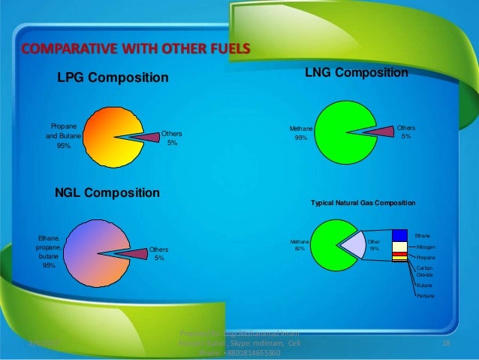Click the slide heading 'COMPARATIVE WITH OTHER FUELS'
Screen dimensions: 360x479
coord(135,51)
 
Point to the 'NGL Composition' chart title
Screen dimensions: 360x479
coord(107,193)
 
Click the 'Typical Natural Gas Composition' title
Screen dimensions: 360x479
coord(363,204)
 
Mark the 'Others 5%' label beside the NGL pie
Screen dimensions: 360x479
coord(158,253)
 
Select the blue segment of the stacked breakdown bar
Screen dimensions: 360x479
coord(399,234)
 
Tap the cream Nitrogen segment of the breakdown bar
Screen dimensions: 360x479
coord(399,247)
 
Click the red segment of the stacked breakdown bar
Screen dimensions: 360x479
coord(399,255)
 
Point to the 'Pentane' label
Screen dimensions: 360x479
coord(424,297)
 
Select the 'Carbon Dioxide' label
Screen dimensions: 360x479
coord(424,271)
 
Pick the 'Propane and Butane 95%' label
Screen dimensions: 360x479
coord(63,136)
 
